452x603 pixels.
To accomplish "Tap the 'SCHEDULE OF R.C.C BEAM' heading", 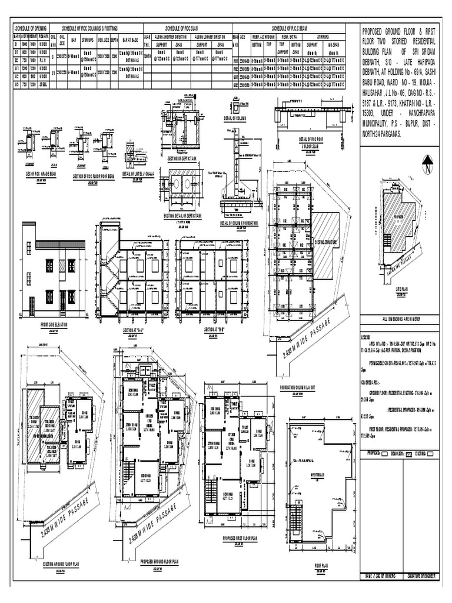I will pos(293,28).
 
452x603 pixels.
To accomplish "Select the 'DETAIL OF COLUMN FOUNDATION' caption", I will pos(241,223).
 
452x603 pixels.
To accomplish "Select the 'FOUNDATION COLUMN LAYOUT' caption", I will pos(308,387).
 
